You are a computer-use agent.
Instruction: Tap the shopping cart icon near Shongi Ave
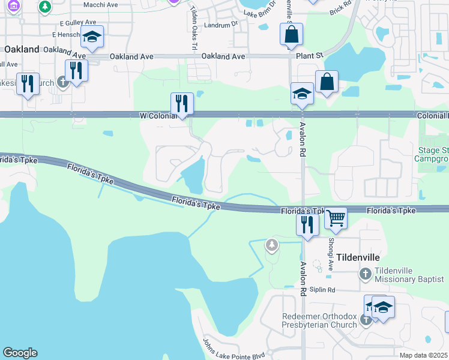click(x=336, y=218)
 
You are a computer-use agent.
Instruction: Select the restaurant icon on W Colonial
click(x=181, y=104)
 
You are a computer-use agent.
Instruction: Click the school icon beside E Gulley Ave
click(x=92, y=37)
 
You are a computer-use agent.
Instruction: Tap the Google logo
click(x=20, y=353)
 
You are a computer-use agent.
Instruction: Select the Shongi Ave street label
click(x=330, y=254)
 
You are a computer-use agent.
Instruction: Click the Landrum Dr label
click(x=221, y=25)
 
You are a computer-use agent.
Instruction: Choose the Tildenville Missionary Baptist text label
click(x=394, y=275)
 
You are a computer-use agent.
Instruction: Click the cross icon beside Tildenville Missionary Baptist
click(x=364, y=275)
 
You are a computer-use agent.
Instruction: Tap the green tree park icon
click(x=44, y=7)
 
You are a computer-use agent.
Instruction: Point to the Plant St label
click(x=310, y=56)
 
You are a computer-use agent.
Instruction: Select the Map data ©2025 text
click(x=424, y=355)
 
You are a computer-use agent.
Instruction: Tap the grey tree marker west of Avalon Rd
click(x=273, y=245)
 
